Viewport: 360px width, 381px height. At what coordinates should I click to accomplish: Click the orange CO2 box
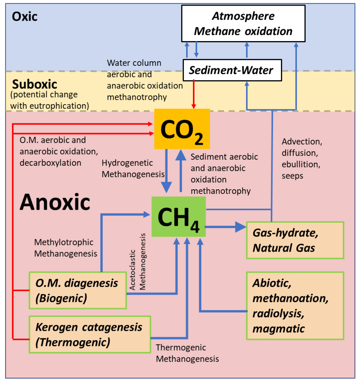click(x=182, y=129)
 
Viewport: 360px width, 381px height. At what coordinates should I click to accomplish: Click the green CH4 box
click(x=178, y=217)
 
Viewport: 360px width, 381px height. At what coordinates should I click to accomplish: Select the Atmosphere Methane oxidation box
click(x=243, y=24)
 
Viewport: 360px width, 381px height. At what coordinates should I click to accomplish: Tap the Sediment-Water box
click(x=232, y=70)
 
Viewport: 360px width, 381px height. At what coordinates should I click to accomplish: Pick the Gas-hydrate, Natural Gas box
click(x=295, y=240)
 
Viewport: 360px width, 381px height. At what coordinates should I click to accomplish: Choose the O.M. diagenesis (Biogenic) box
click(x=77, y=290)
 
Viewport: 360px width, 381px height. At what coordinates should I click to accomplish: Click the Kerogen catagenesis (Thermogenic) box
click(x=90, y=334)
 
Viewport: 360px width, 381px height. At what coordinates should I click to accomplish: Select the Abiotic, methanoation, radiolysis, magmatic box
click(x=295, y=306)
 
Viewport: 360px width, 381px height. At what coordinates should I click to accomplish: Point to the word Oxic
click(x=25, y=17)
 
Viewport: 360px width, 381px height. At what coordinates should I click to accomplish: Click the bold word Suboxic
click(x=34, y=84)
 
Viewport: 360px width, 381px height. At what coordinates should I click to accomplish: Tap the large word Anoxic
click(x=55, y=202)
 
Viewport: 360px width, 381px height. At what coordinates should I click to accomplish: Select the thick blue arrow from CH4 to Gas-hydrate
click(x=225, y=227)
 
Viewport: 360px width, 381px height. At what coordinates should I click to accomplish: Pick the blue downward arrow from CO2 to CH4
click(x=166, y=170)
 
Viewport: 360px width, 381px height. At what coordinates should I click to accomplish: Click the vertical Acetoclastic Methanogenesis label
click(x=138, y=262)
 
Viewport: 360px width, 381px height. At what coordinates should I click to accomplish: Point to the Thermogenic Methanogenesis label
click(x=187, y=353)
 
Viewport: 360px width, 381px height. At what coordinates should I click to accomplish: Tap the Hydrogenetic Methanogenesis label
click(x=133, y=168)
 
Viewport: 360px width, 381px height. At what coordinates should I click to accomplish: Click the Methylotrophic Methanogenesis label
click(x=65, y=248)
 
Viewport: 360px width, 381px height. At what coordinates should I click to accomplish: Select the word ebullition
click(x=301, y=164)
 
